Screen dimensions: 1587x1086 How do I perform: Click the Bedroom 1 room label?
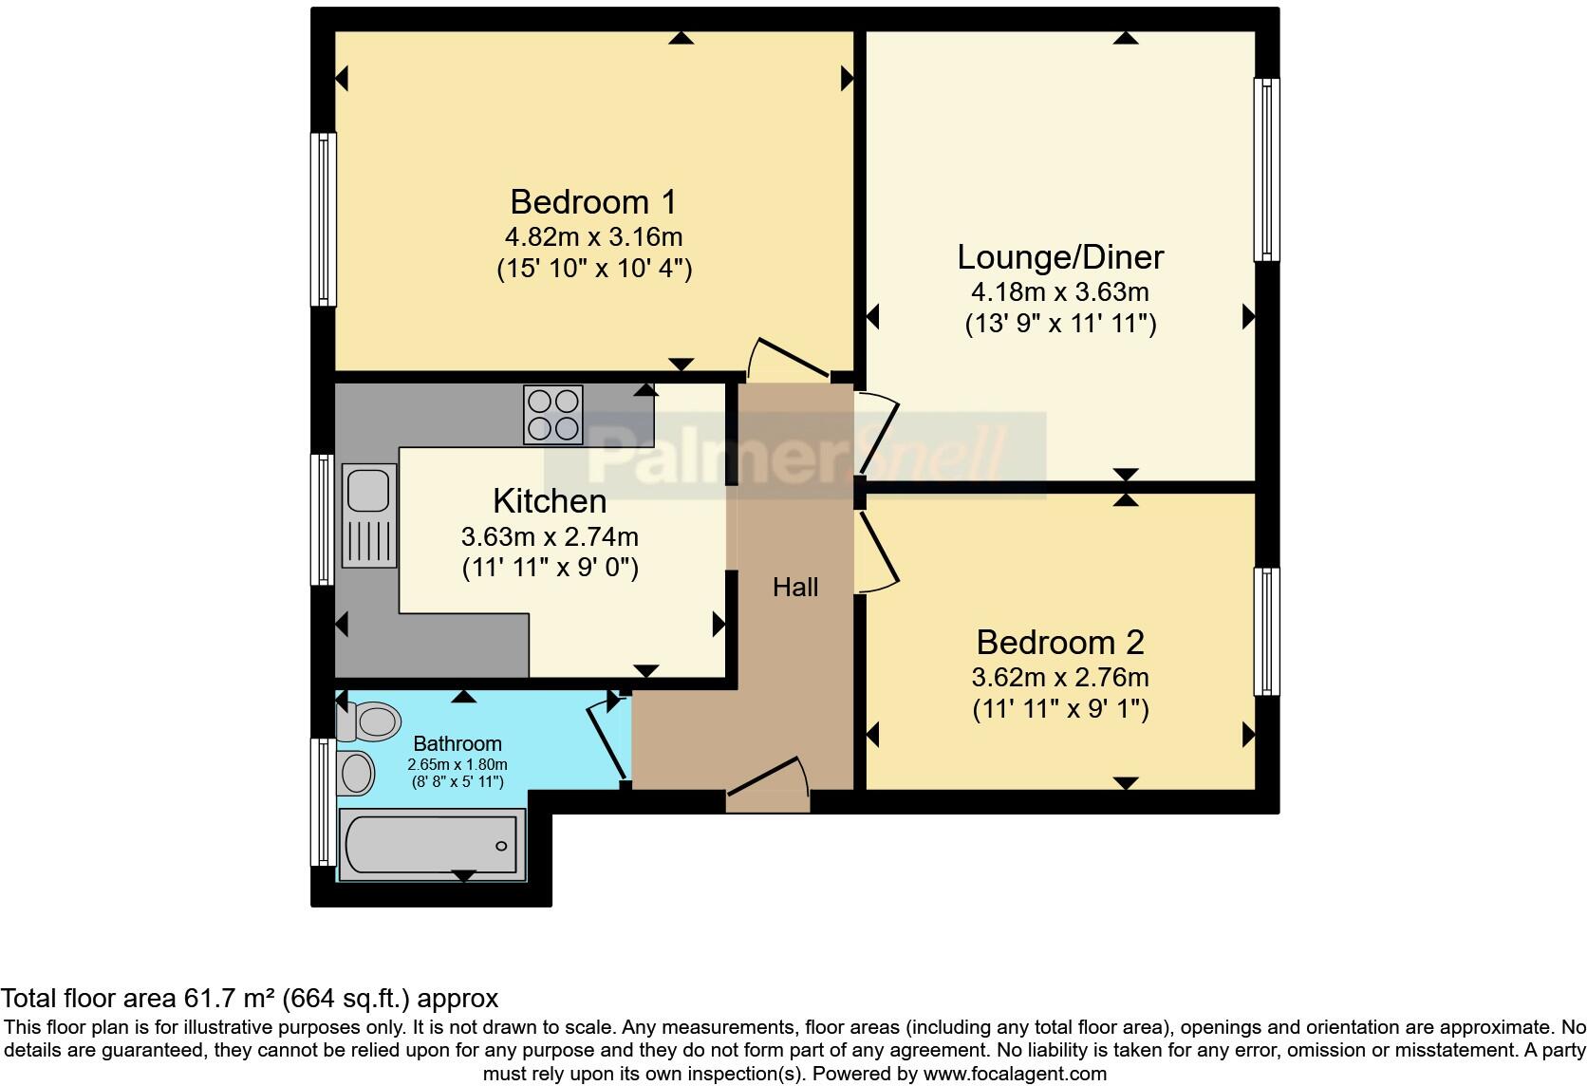(593, 202)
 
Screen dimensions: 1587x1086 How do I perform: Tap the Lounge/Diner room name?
(1060, 257)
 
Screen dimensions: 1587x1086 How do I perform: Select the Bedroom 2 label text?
(1060, 643)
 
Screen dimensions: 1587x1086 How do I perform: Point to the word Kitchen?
(550, 501)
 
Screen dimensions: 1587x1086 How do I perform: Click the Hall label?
(794, 588)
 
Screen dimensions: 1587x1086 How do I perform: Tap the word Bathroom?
(457, 744)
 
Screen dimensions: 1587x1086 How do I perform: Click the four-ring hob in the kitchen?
(553, 415)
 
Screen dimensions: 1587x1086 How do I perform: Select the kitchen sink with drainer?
(369, 515)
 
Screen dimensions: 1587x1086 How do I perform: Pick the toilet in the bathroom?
(368, 721)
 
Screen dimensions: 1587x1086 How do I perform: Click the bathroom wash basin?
(356, 773)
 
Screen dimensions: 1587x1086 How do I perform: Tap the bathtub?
(432, 845)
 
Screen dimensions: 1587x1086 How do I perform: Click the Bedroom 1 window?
(323, 219)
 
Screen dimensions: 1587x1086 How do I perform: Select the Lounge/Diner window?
(1267, 170)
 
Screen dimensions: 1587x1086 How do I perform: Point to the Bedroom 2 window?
(1267, 632)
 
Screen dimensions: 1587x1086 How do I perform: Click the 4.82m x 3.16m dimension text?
(594, 237)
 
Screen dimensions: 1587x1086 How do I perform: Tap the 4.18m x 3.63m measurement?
(1060, 291)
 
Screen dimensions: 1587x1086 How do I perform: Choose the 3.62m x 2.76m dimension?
(1060, 678)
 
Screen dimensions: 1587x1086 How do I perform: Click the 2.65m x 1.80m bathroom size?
(457, 765)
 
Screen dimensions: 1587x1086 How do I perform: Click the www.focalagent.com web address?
(1015, 1074)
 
